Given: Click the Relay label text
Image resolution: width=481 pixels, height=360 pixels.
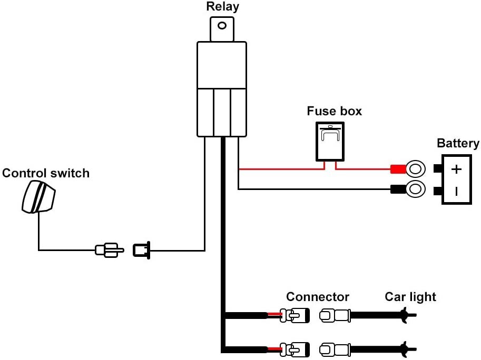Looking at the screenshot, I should [222, 7].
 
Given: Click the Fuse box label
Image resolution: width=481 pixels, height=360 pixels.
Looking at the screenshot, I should [335, 112].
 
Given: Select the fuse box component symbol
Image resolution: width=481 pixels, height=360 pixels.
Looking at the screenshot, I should [330, 141].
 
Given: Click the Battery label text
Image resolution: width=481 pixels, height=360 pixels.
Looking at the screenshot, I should [458, 143].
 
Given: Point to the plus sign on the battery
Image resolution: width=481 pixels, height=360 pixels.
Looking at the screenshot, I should [457, 169].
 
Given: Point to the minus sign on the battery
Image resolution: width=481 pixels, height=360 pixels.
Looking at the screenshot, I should [457, 191].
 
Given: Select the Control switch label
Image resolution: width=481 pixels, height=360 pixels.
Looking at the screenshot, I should [46, 173].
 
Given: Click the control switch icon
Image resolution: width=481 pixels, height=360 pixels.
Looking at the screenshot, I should [38, 196].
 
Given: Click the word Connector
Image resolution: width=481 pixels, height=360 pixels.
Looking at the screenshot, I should [318, 297].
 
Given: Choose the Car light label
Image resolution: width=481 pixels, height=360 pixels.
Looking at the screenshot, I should [410, 297].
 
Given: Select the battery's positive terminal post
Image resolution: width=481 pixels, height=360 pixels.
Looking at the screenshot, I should [437, 169].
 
